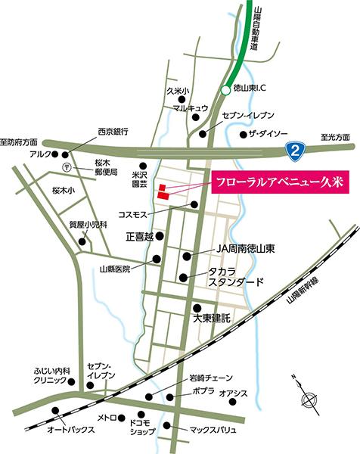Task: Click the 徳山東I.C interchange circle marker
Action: pos(225,91)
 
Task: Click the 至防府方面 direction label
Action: pos(18,141)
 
